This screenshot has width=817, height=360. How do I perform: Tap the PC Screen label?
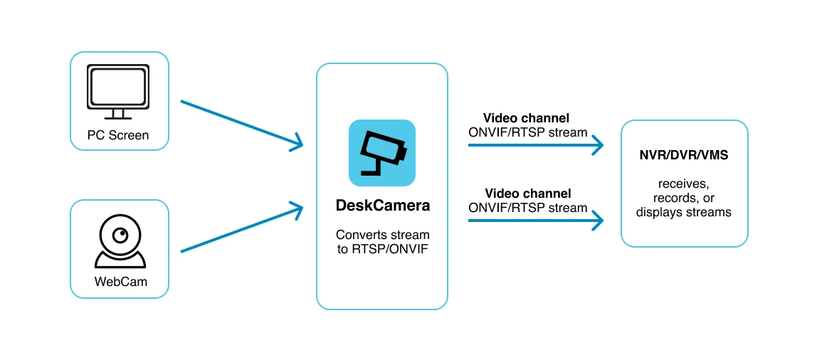(x=119, y=135)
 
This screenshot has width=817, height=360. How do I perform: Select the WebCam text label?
(x=120, y=282)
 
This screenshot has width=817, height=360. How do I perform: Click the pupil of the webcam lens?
(x=122, y=235)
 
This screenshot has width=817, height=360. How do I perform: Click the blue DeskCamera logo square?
(x=382, y=153)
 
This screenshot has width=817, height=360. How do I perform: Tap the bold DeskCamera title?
(x=382, y=206)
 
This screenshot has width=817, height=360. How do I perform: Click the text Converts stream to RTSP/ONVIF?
(x=382, y=241)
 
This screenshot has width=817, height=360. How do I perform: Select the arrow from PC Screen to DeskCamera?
(x=241, y=125)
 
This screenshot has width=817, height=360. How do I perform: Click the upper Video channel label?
(x=527, y=117)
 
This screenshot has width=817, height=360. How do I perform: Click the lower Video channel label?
(x=528, y=194)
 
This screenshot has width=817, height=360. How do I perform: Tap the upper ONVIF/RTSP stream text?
(x=528, y=132)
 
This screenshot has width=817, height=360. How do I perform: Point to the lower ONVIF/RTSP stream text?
(x=528, y=208)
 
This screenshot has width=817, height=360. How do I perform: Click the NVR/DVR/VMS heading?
(x=684, y=155)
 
